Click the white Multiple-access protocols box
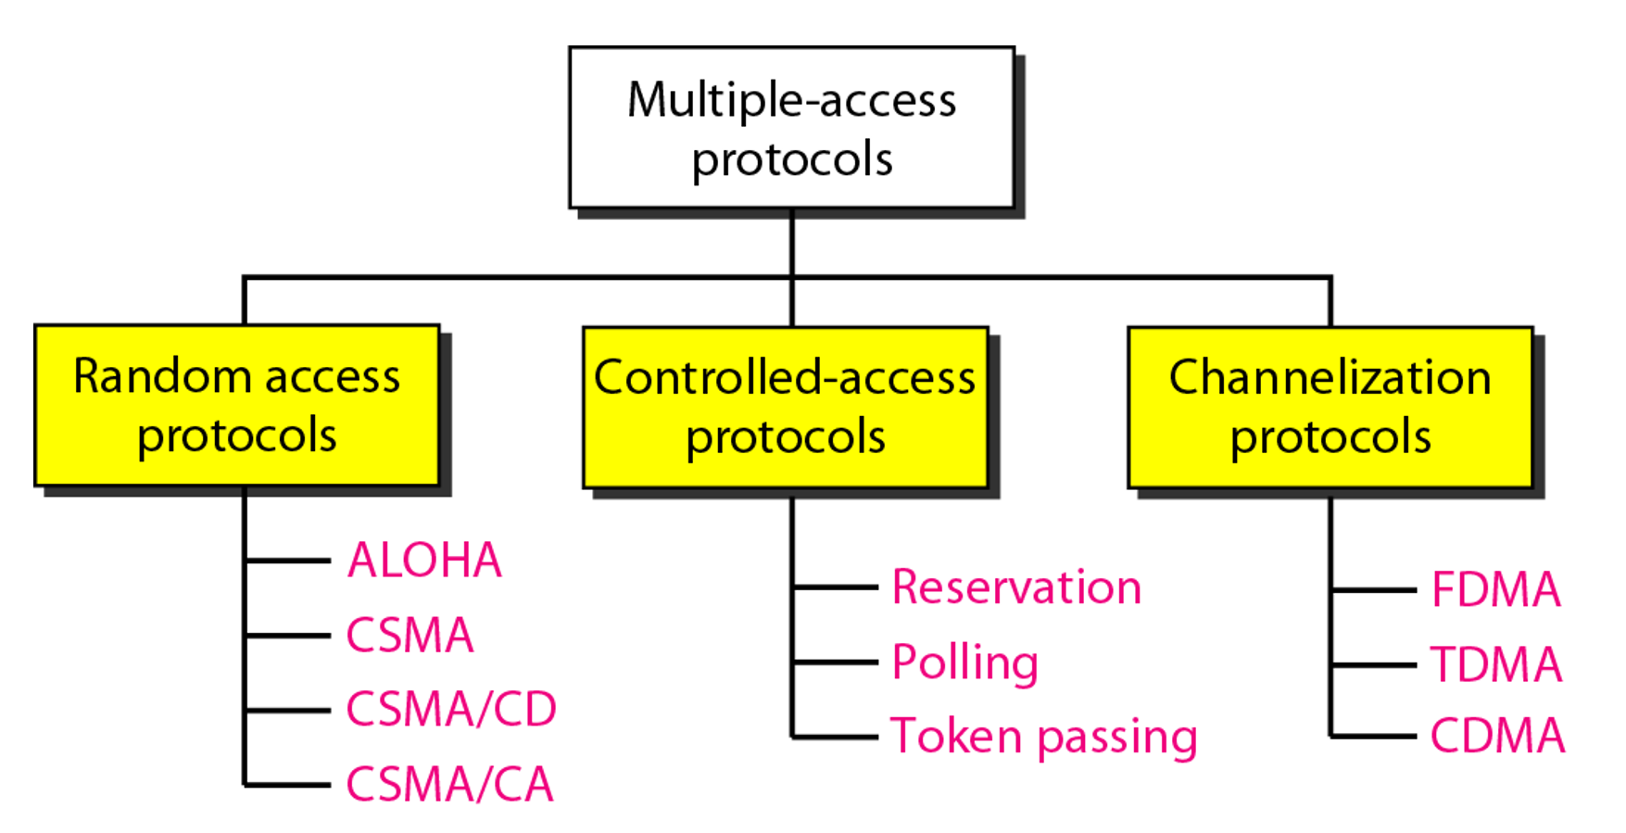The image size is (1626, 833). [791, 128]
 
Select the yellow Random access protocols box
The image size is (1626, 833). [237, 405]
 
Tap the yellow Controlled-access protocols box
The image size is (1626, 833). [786, 407]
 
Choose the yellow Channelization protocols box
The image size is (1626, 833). [1330, 407]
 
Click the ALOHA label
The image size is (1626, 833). [424, 561]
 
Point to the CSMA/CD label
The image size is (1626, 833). [451, 710]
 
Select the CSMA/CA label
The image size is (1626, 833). [449, 785]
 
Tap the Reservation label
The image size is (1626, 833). [1016, 587]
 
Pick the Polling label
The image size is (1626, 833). [964, 663]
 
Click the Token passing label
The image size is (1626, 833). [1044, 738]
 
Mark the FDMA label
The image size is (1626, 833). [1496, 589]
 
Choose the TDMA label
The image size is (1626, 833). [1496, 664]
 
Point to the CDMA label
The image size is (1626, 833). [1497, 737]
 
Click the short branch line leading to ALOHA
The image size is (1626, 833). [288, 561]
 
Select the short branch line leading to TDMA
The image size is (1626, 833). [1374, 664]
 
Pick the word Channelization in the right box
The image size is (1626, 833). [1330, 377]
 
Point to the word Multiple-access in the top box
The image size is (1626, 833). [791, 100]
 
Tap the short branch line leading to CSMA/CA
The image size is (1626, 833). [288, 785]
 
